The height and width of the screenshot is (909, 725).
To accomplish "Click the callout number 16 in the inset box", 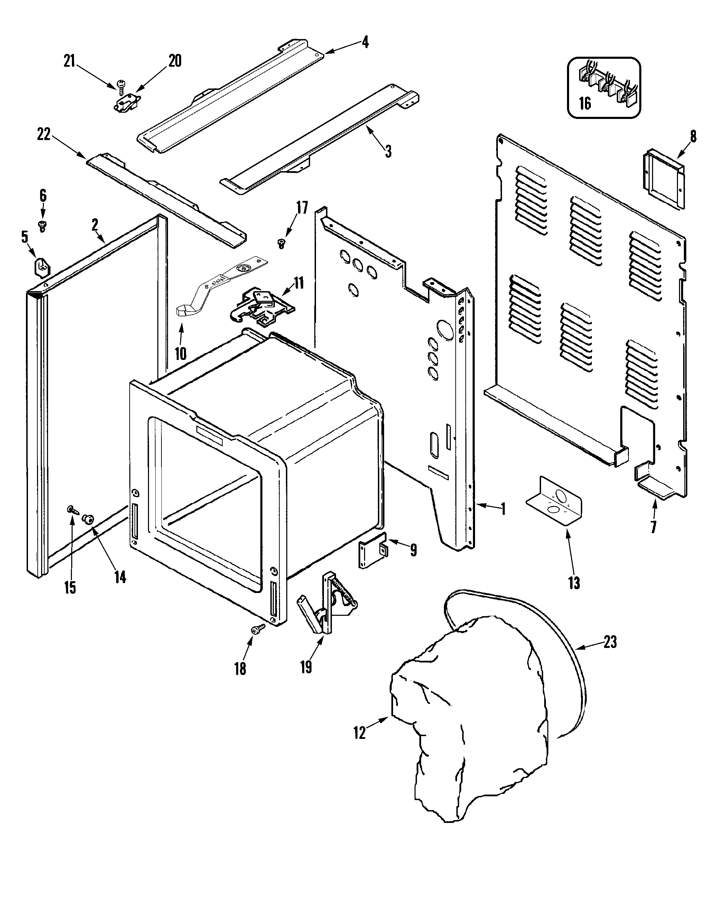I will (x=585, y=103).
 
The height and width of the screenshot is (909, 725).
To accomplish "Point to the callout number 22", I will (x=44, y=135).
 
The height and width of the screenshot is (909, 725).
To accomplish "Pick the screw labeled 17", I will (x=281, y=242).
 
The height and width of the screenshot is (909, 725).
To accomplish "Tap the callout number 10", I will (x=180, y=353).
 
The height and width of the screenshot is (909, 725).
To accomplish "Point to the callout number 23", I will (x=610, y=642).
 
